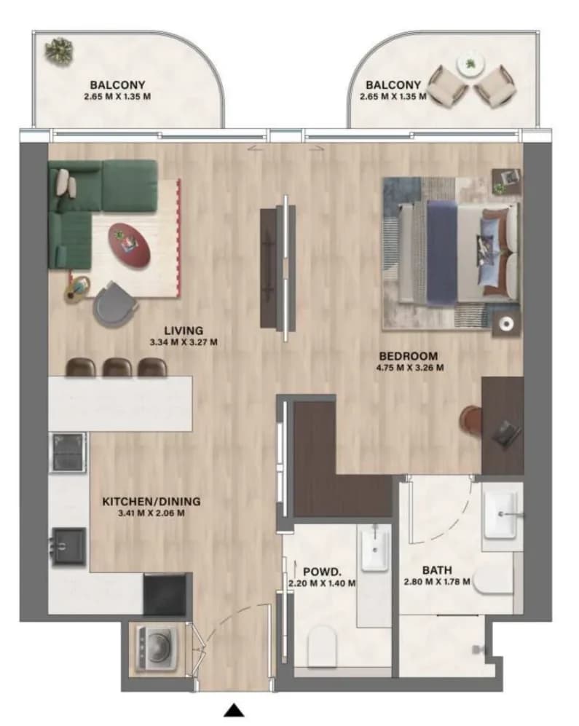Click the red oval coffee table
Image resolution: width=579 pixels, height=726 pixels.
(x=130, y=245)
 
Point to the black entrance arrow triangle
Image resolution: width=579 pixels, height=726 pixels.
(x=234, y=711)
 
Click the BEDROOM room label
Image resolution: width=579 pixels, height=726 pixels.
(x=408, y=356)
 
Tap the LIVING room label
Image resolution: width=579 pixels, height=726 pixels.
(x=184, y=331)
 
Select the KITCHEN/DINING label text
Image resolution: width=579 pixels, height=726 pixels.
(x=151, y=502)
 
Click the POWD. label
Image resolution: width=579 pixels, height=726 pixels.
(x=323, y=572)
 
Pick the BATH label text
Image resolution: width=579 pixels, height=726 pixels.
(x=437, y=570)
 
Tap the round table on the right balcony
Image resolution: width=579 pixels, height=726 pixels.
(x=470, y=64)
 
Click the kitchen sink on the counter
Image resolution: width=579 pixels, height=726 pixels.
(x=68, y=546)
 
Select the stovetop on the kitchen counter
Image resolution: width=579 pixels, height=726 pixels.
(x=68, y=452)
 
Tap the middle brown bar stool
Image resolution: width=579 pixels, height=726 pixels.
(x=117, y=367)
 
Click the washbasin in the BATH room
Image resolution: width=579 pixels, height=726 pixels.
(x=501, y=514)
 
